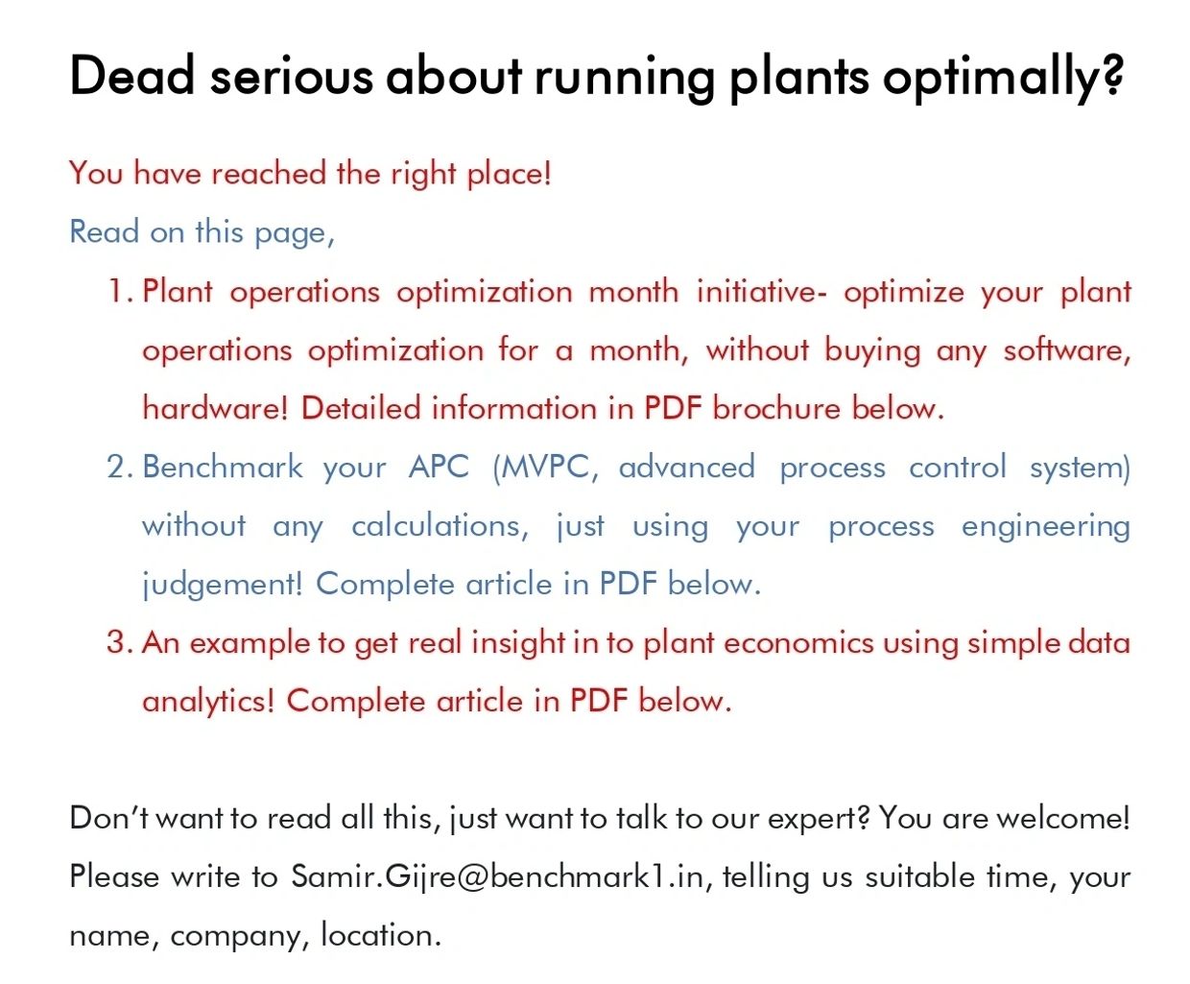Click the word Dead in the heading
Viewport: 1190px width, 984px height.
[131, 75]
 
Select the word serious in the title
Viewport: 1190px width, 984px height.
[291, 78]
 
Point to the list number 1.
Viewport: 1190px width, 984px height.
[120, 291]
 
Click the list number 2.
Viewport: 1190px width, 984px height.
[120, 467]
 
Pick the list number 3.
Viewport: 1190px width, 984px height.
[120, 642]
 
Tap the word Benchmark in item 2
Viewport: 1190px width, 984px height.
[223, 467]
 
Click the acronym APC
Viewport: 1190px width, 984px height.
[439, 467]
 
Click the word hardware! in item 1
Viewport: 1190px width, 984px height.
[215, 408]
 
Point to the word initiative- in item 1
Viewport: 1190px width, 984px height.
[761, 291]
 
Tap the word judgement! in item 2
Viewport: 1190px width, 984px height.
[223, 585]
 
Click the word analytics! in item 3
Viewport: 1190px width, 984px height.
[208, 702]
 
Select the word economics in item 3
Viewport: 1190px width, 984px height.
[797, 643]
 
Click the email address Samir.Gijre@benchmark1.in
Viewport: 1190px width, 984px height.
[497, 876]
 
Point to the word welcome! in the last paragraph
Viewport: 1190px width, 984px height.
[1063, 819]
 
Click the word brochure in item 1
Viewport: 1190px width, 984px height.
[776, 408]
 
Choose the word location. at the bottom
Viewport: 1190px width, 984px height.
[381, 936]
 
